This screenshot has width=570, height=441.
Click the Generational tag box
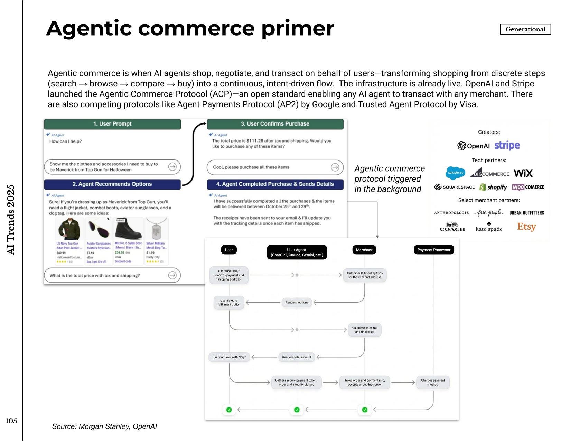click(x=525, y=29)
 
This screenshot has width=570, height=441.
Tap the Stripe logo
click(x=507, y=146)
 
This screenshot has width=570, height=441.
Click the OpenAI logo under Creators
click(x=473, y=146)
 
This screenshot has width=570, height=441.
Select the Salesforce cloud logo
click(x=455, y=173)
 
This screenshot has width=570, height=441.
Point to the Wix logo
click(x=523, y=173)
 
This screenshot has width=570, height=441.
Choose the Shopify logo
click(x=493, y=187)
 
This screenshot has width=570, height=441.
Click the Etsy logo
click(x=526, y=227)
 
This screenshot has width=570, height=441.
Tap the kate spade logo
click(x=489, y=227)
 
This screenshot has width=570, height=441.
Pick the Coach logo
click(x=452, y=227)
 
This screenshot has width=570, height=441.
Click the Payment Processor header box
click(x=434, y=250)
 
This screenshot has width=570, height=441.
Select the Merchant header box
click(x=364, y=250)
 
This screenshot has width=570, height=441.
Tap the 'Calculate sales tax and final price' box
click(x=364, y=330)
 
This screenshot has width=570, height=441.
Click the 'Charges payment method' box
click(x=433, y=382)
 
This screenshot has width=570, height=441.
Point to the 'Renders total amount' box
click(x=296, y=357)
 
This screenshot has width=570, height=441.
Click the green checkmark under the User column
click(x=229, y=410)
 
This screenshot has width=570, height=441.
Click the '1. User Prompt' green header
click(x=112, y=124)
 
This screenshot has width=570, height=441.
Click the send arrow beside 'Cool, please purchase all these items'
click(x=335, y=167)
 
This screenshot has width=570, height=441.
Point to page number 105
click(x=11, y=421)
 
